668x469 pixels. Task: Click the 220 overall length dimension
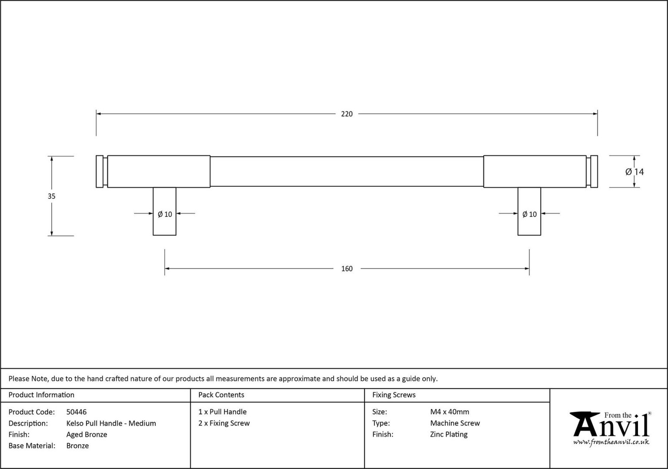tap(347, 114)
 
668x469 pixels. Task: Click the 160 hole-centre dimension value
tap(347, 269)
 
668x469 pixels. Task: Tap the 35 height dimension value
tap(52, 196)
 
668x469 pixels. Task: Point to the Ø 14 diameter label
tap(635, 172)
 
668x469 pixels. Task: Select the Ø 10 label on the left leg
tap(165, 214)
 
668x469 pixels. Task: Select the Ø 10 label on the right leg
tap(529, 214)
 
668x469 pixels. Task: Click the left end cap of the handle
tap(100, 172)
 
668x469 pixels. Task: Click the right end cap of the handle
tap(594, 172)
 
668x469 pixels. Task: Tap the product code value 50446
tap(77, 412)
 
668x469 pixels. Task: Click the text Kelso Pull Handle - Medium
tap(111, 423)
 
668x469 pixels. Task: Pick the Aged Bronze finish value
tap(87, 434)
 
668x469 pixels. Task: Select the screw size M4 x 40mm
tap(449, 412)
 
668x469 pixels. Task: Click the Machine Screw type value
tap(455, 423)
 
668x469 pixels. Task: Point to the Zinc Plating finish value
tap(448, 434)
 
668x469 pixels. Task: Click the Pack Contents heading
tap(221, 395)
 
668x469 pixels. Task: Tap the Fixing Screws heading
tap(394, 395)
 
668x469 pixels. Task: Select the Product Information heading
tap(41, 395)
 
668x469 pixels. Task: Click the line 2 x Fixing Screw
tap(224, 423)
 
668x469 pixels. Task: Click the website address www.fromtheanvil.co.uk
tap(611, 442)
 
